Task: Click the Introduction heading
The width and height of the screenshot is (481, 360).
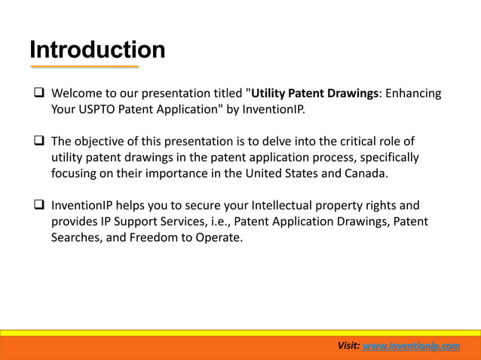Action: point(97,50)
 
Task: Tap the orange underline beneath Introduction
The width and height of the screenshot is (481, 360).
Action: point(84,67)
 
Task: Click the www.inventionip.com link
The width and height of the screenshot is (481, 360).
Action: point(411,346)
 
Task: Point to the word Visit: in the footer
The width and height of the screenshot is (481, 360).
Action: point(348,346)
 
